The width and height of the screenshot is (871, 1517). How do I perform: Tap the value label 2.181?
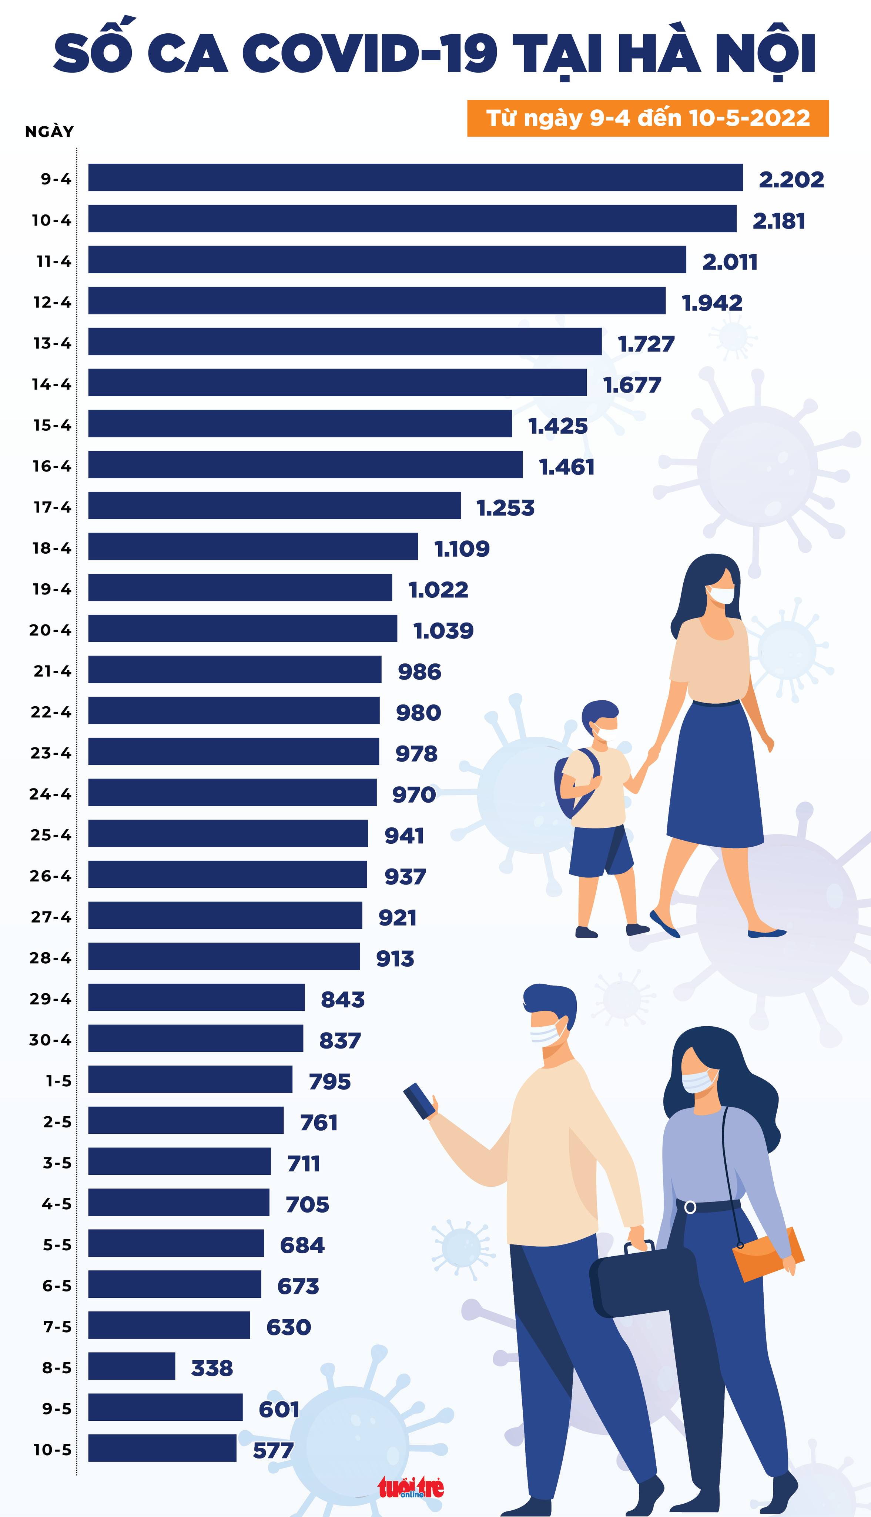(778, 221)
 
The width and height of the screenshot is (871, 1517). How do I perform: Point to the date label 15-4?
(52, 426)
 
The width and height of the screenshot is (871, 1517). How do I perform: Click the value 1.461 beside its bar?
(566, 467)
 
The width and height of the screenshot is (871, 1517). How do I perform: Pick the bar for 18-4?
(253, 546)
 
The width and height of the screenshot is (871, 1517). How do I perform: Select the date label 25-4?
(51, 835)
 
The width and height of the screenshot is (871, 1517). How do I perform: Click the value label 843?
(342, 999)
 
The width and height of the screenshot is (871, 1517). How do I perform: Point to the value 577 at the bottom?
(273, 1450)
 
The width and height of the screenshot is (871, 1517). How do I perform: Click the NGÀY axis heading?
(49, 131)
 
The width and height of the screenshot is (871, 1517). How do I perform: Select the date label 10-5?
(52, 1449)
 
